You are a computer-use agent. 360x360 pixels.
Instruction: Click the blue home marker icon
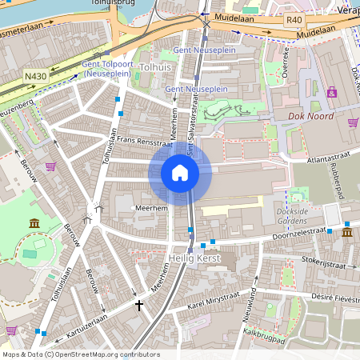tap(180, 172)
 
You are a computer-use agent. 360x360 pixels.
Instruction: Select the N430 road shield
tap(35, 77)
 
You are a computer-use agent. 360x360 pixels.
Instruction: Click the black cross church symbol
tap(139, 305)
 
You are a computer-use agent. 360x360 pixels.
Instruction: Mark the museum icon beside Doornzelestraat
tap(347, 232)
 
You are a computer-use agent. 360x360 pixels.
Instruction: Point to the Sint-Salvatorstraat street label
tap(192, 128)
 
